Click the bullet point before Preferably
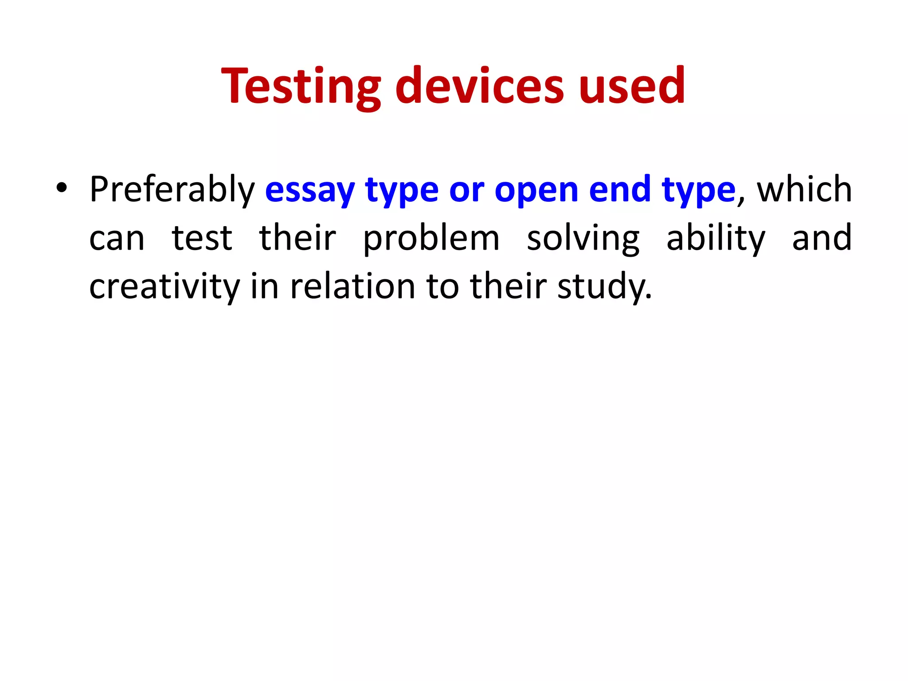pyautogui.click(x=62, y=188)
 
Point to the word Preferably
pyautogui.click(x=172, y=190)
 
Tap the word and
pyautogui.click(x=822, y=238)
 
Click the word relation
pyautogui.click(x=352, y=286)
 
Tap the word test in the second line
pyautogui.click(x=202, y=239)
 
